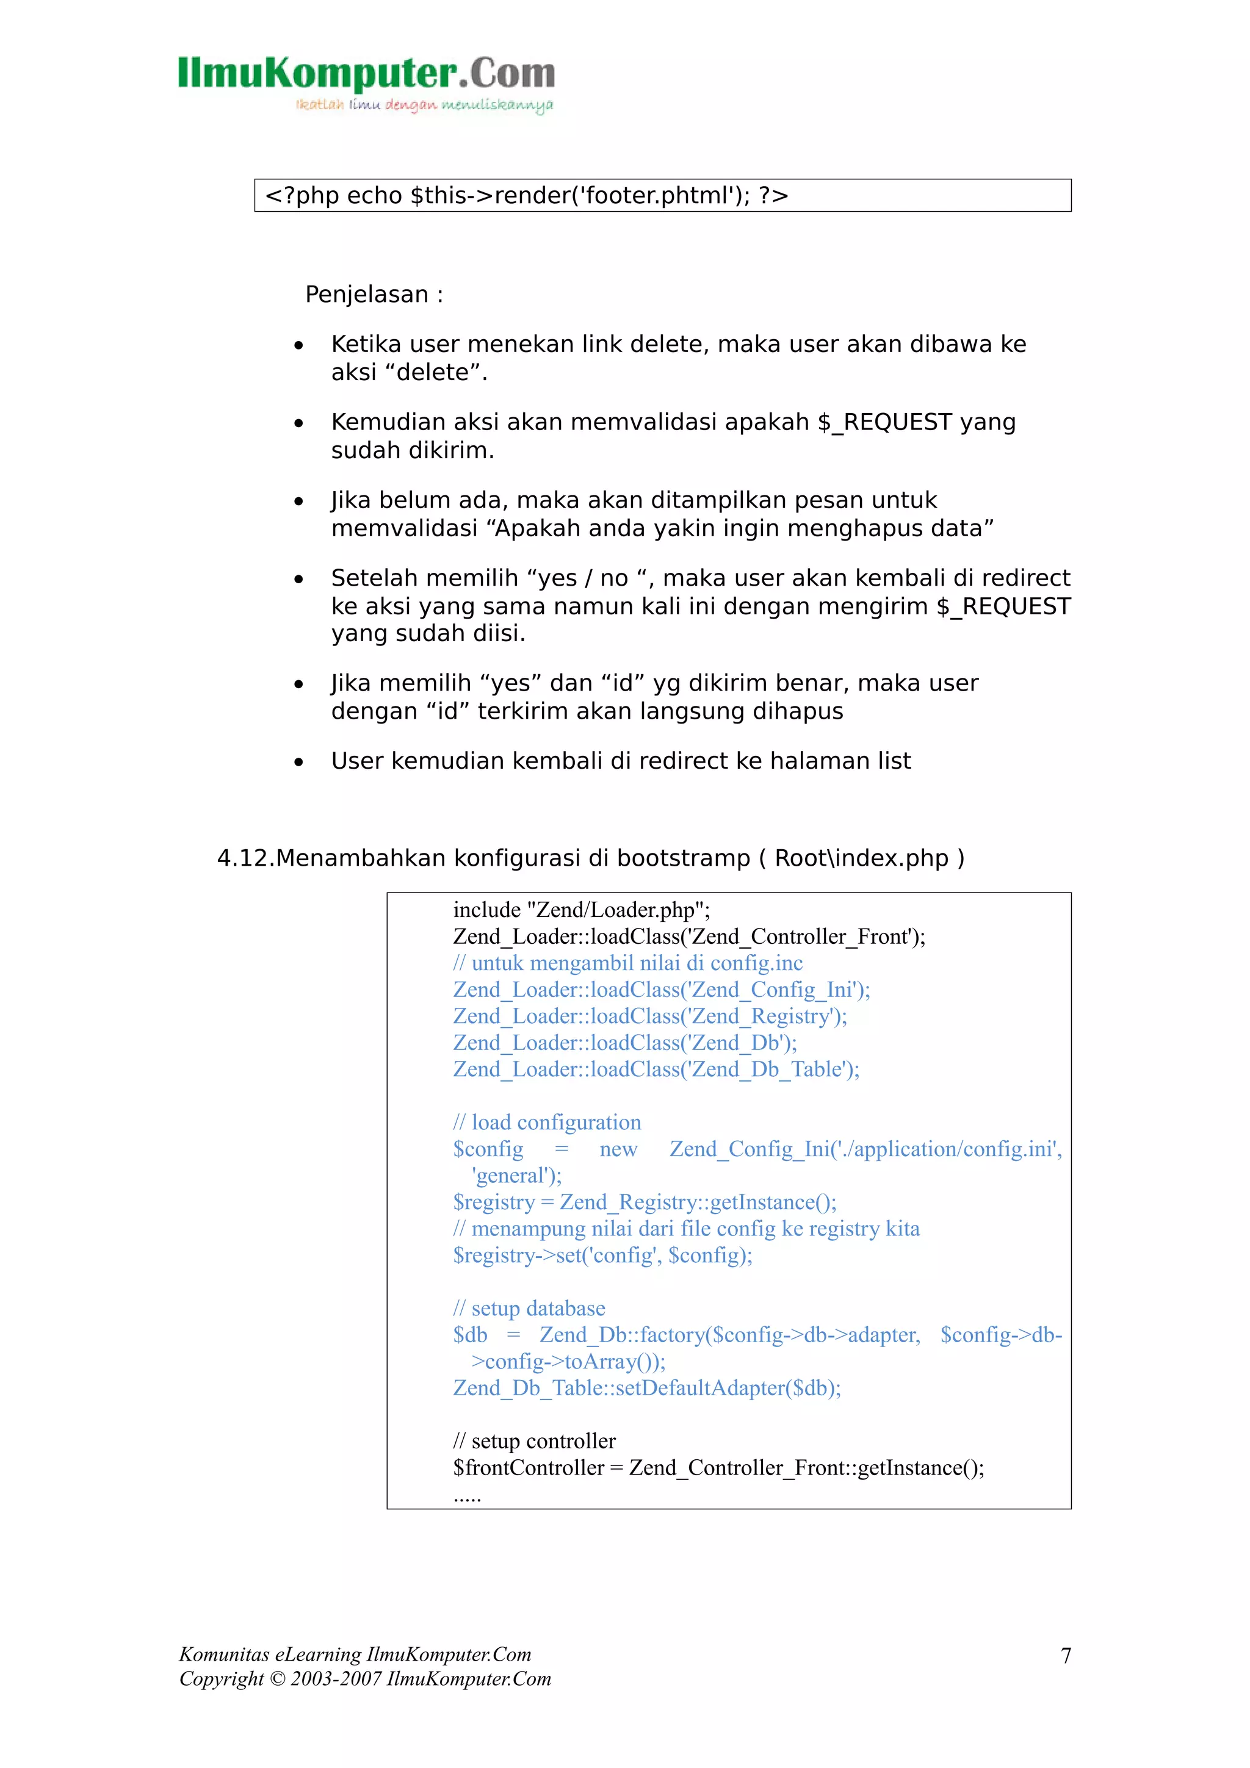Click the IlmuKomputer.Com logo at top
(366, 73)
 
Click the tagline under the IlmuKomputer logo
(424, 105)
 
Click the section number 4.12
(245, 858)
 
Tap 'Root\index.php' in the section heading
(861, 858)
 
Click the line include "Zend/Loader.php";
(582, 910)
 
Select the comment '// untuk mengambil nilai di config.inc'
(627, 963)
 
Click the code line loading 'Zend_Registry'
(649, 1016)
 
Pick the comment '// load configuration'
(547, 1123)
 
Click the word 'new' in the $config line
(618, 1149)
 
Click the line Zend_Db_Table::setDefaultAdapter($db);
(647, 1389)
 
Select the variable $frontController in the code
(529, 1468)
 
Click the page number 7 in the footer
(1066, 1656)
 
